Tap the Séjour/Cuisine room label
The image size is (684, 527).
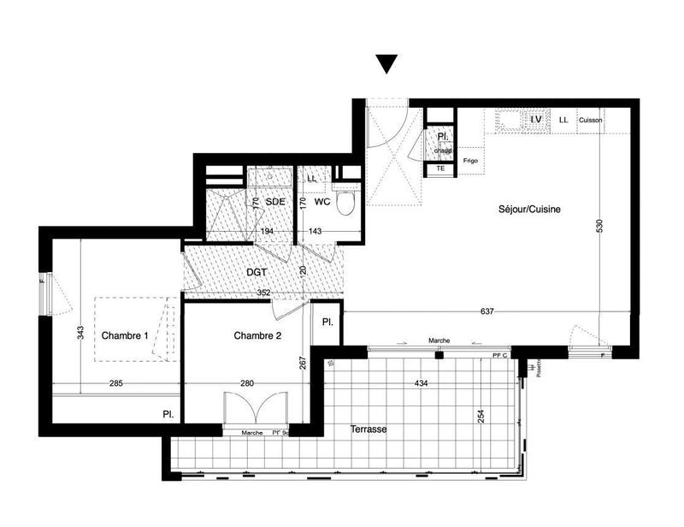[530, 209]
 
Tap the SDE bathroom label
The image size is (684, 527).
[274, 201]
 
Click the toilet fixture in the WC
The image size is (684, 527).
[345, 204]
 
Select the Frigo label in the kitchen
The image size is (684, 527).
[470, 161]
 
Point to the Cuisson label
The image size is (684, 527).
[590, 121]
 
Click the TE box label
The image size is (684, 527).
[441, 169]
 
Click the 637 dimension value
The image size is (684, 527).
[488, 311]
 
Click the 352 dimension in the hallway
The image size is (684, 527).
[263, 293]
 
